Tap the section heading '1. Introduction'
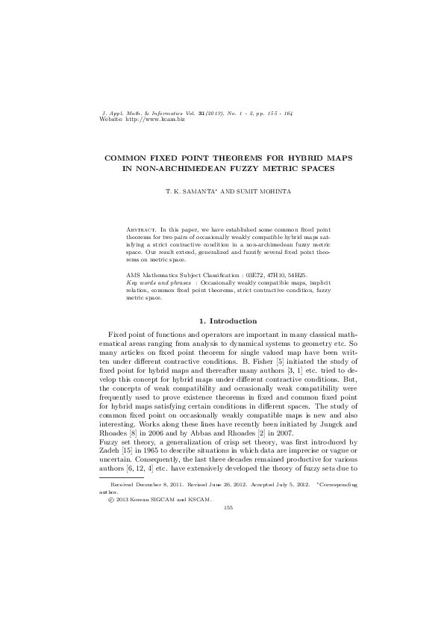(222, 321)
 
